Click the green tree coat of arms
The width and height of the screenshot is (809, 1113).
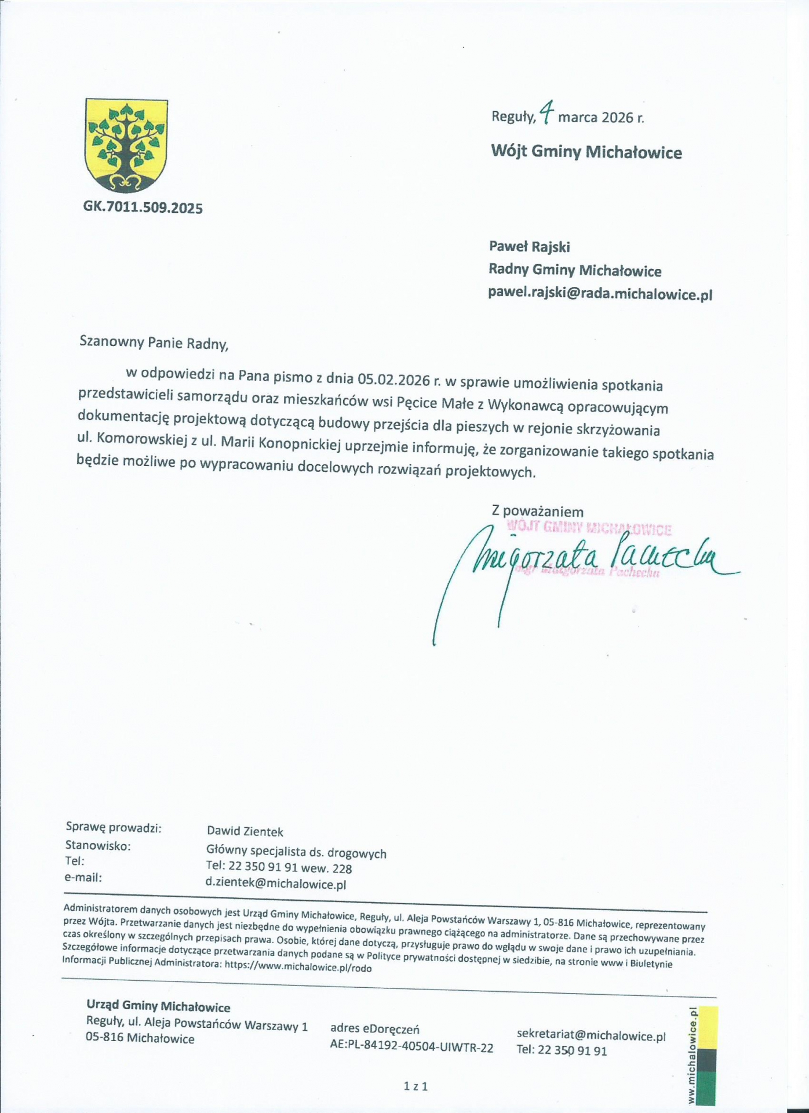[x=126, y=145]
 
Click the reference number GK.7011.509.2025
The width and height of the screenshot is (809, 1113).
[x=143, y=208]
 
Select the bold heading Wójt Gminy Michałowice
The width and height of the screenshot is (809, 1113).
[x=586, y=152]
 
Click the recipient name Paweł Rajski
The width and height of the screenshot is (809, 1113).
[x=529, y=247]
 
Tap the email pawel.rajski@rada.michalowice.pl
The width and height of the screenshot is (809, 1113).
[x=600, y=294]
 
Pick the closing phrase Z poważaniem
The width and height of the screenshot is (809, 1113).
[x=537, y=511]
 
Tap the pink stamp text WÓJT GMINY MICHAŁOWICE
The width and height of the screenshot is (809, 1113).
[x=589, y=528]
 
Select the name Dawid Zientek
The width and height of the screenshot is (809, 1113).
[x=245, y=831]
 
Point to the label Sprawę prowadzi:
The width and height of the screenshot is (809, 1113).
[x=114, y=828]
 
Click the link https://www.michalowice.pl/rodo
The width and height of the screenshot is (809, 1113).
[x=298, y=967]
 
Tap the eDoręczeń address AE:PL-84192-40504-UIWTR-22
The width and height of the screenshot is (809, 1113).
[x=411, y=1047]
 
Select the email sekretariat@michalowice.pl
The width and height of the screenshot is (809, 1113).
[x=591, y=1036]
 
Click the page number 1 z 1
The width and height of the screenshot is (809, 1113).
[x=416, y=1086]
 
